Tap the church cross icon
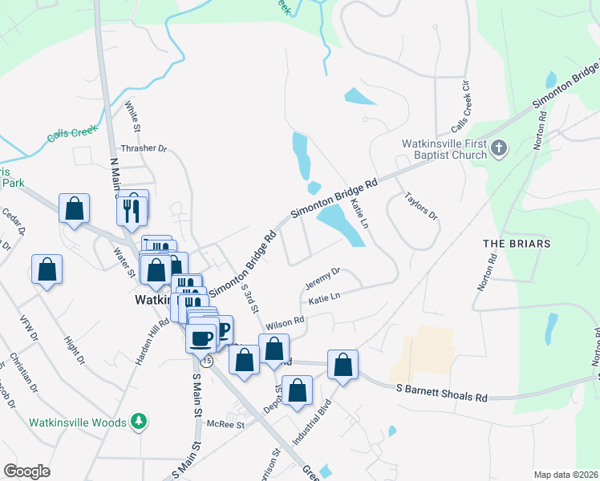(498, 148)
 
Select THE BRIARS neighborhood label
(516, 243)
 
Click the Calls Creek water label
(72, 134)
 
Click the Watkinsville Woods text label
(78, 422)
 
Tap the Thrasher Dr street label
(143, 148)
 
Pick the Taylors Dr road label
(420, 204)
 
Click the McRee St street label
(225, 423)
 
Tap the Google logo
(26, 471)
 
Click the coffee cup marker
(201, 338)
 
